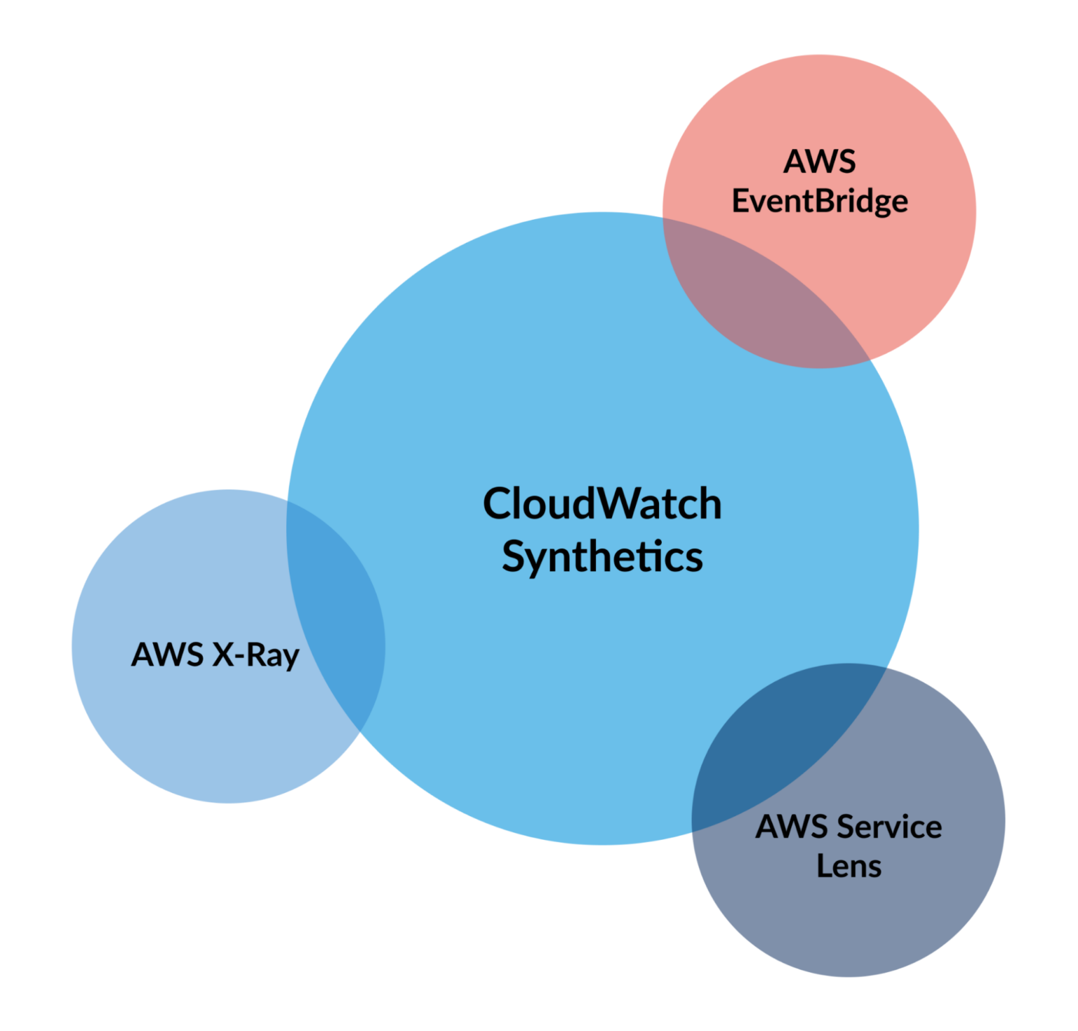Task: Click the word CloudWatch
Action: pyautogui.click(x=602, y=504)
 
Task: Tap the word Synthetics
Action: pyautogui.click(x=602, y=558)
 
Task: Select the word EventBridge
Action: pyautogui.click(x=820, y=202)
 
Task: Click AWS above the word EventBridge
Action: pyautogui.click(x=820, y=162)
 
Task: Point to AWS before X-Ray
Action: pyautogui.click(x=168, y=654)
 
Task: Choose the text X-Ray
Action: pyautogui.click(x=256, y=656)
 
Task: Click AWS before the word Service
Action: pyautogui.click(x=792, y=827)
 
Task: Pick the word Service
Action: pyautogui.click(x=889, y=827)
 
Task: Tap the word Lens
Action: pyautogui.click(x=849, y=866)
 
